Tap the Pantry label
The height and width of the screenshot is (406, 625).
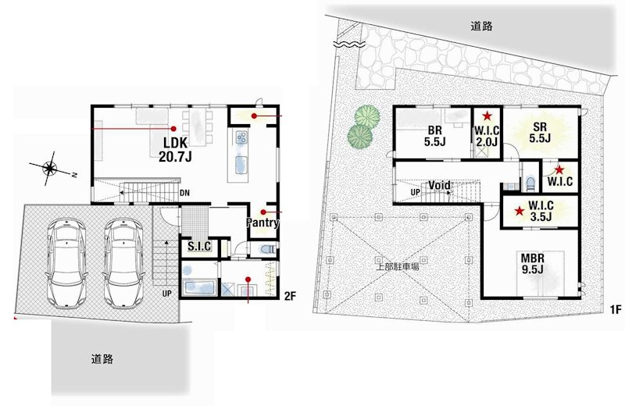coord(263,223)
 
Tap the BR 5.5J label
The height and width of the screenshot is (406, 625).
coord(435,136)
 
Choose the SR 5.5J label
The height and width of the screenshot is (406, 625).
coord(538,132)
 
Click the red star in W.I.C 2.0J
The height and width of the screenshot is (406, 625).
coord(487,116)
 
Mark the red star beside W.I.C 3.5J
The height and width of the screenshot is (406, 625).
coord(519,211)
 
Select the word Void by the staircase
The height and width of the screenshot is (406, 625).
coord(439,185)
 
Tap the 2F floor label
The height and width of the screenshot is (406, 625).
coord(289,296)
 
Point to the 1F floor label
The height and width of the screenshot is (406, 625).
coord(615,310)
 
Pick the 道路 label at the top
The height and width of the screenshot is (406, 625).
coord(482,25)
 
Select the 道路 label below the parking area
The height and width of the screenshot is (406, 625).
coord(102,359)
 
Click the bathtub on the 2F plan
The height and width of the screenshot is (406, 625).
coord(199,287)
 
